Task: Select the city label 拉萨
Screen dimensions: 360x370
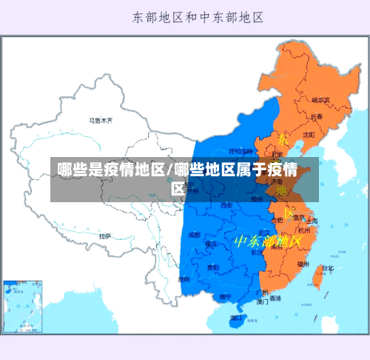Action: coord(105,236)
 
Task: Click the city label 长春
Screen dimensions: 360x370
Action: coord(316,116)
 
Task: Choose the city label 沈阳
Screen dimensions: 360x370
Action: coord(308,135)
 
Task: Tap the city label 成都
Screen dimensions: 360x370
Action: coord(194,235)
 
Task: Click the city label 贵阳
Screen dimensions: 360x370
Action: coord(212,267)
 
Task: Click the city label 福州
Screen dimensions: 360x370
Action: coord(303,263)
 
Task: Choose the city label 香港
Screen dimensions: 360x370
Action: coord(275,299)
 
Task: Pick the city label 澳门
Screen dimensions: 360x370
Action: coord(262,302)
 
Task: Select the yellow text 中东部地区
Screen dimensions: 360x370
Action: coord(267,241)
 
